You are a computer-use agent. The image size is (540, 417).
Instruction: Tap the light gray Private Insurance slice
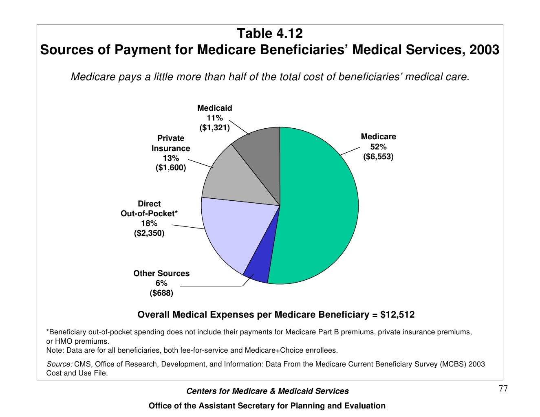(236, 179)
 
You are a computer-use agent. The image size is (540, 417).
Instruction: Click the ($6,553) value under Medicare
(378, 157)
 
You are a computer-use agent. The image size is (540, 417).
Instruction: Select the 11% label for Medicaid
(214, 118)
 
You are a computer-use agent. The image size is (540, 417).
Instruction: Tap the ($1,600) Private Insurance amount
(171, 168)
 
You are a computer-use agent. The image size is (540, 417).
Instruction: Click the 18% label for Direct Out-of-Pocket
(149, 224)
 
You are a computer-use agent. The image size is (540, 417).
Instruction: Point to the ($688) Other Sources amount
(161, 293)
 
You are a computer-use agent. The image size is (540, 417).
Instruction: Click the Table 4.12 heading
(270, 33)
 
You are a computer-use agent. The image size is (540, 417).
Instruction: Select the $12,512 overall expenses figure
(397, 315)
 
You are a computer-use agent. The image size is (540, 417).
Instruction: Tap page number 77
(503, 389)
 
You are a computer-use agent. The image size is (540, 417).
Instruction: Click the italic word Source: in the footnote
(60, 364)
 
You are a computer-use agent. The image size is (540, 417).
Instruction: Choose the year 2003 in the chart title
(484, 50)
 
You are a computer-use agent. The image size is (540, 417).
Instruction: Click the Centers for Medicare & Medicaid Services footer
(267, 391)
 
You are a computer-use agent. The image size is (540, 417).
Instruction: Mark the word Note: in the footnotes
(55, 350)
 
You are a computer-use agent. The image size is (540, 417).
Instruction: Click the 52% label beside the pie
(378, 147)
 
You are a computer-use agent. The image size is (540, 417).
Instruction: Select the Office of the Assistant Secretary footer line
(267, 406)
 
